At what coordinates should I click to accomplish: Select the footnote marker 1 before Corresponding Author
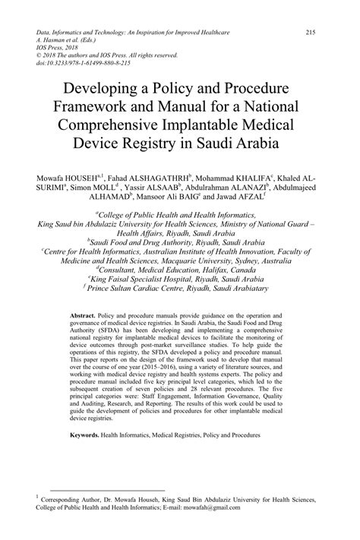pos(39,498)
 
